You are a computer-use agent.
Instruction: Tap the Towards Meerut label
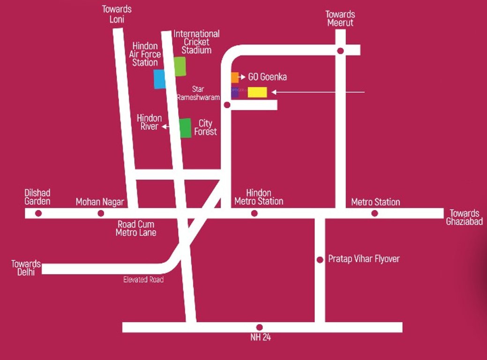(340, 19)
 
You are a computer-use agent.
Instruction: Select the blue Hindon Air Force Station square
(159, 79)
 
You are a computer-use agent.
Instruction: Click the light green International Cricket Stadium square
(180, 66)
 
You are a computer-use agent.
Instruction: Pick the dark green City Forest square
(186, 128)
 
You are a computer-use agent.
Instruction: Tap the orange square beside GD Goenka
(234, 77)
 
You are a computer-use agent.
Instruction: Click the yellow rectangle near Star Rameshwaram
(257, 92)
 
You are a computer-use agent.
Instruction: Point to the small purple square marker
(234, 93)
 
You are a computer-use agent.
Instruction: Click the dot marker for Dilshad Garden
(38, 213)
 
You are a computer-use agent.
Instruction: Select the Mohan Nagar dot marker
(101, 213)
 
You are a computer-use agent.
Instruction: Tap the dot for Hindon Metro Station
(254, 213)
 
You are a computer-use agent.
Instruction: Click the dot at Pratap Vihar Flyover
(320, 260)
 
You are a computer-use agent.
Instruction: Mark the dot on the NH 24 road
(259, 327)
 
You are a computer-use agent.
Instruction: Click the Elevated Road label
(143, 280)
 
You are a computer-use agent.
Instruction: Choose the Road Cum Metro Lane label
(136, 228)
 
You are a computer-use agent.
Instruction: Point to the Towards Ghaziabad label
(464, 217)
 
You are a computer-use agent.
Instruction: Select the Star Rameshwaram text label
(198, 93)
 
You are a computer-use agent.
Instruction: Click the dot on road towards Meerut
(341, 50)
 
